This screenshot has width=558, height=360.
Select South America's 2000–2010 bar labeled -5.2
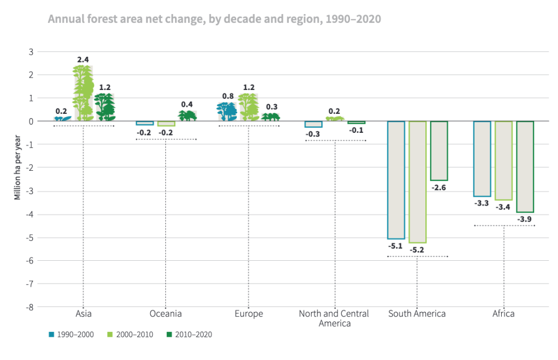click(x=417, y=182)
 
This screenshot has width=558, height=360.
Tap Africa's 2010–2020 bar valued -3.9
click(x=525, y=166)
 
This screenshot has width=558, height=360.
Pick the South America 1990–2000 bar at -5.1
click(x=396, y=179)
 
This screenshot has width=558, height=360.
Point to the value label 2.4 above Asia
click(x=83, y=59)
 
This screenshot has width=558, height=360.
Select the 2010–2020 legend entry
click(x=190, y=335)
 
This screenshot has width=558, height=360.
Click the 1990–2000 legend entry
click(x=71, y=335)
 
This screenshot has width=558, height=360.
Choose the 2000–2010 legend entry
click(x=131, y=335)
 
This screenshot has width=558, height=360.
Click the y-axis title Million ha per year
click(x=17, y=168)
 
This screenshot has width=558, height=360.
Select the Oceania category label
click(x=165, y=314)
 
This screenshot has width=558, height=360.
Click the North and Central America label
click(x=334, y=318)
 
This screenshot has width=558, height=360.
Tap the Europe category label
click(x=249, y=314)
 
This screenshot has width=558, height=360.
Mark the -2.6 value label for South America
click(x=439, y=188)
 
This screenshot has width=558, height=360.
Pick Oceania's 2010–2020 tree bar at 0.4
click(x=187, y=115)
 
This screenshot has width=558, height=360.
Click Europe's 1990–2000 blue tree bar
click(x=227, y=112)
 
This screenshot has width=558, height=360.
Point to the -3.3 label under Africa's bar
click(x=482, y=203)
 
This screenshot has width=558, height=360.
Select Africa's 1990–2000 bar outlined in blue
click(x=482, y=158)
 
